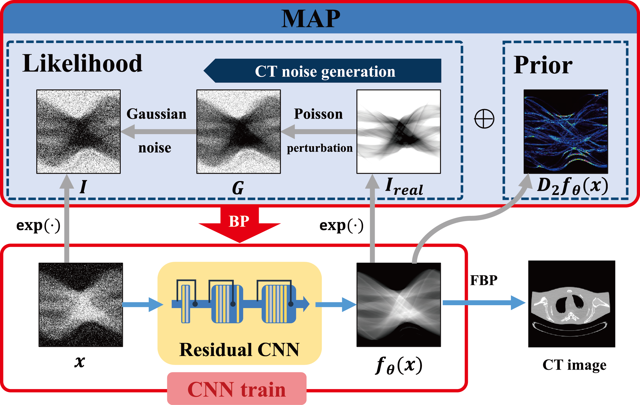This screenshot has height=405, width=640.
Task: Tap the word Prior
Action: point(543,65)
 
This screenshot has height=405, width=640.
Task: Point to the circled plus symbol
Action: point(484,119)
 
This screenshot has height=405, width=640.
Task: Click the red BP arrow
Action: point(239,223)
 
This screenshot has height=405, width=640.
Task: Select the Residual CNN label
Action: point(239,349)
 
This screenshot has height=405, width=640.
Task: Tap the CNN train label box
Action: point(236,389)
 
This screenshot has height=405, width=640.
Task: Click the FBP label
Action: point(483,280)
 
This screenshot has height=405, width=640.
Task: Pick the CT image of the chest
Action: point(571,304)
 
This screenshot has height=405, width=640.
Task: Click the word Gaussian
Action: point(156,114)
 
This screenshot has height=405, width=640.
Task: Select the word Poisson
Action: point(318,114)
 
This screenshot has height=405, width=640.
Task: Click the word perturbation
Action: point(319,148)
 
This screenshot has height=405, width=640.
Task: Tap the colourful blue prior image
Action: point(565,132)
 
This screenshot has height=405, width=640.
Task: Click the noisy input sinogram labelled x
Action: point(81,305)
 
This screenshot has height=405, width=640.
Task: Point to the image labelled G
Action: point(239,132)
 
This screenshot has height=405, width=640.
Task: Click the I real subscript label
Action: point(404,187)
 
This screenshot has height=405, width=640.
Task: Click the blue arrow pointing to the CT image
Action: point(484,303)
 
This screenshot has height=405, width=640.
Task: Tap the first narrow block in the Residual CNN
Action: point(186,304)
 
